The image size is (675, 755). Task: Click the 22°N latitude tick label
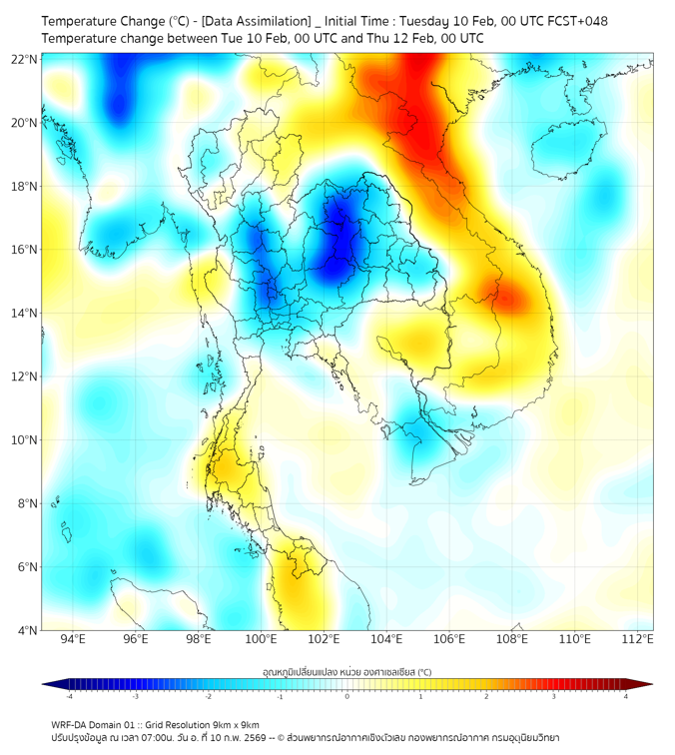(25, 59)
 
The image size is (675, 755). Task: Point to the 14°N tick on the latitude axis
(25, 313)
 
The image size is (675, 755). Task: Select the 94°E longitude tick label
(73, 639)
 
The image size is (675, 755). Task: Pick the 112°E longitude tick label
(637, 639)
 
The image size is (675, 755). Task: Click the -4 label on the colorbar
(68, 696)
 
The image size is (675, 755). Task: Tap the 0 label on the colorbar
(347, 696)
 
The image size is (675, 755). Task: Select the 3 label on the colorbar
(555, 696)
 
